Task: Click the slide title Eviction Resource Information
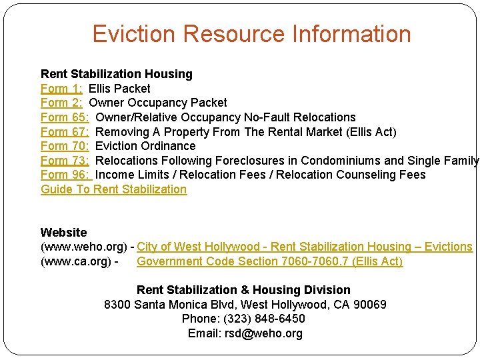tap(251, 34)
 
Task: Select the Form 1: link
tap(61, 89)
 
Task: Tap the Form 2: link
tap(61, 103)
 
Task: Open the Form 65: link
tap(65, 117)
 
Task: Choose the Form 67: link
tap(65, 132)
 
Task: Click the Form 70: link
tap(65, 146)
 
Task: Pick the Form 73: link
tap(65, 161)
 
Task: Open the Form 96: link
tap(65, 175)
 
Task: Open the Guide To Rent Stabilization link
tap(113, 189)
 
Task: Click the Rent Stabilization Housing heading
tap(116, 74)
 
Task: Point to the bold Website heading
tap(63, 233)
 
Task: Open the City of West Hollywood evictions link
tap(305, 247)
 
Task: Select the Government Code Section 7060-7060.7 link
tap(269, 261)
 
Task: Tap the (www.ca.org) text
tap(75, 261)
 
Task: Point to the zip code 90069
tap(366, 305)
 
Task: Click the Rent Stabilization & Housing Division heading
tap(243, 290)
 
